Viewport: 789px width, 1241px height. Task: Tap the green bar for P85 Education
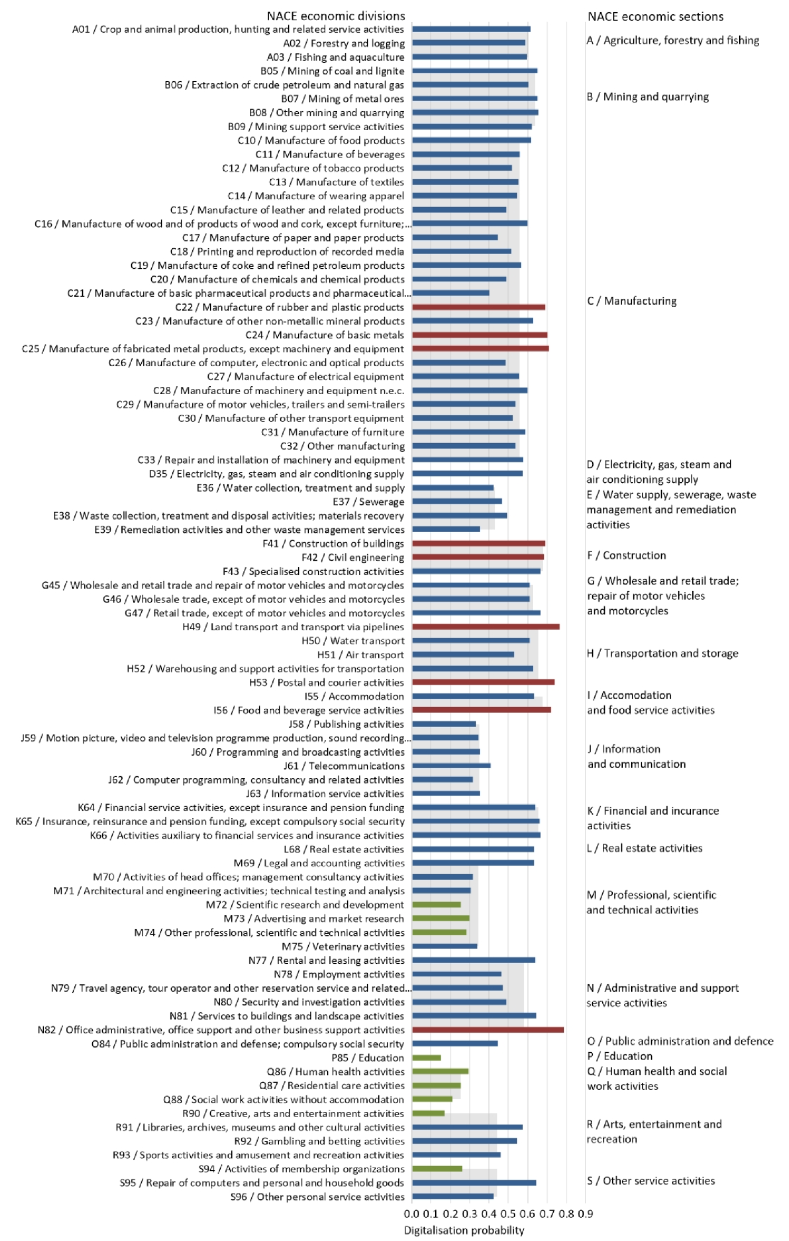click(x=427, y=1058)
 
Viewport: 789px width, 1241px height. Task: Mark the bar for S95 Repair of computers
click(x=474, y=1183)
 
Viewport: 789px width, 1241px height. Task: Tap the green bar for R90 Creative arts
click(x=428, y=1113)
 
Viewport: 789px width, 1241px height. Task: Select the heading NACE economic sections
click(x=656, y=17)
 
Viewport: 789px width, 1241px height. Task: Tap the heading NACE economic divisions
click(x=336, y=16)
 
